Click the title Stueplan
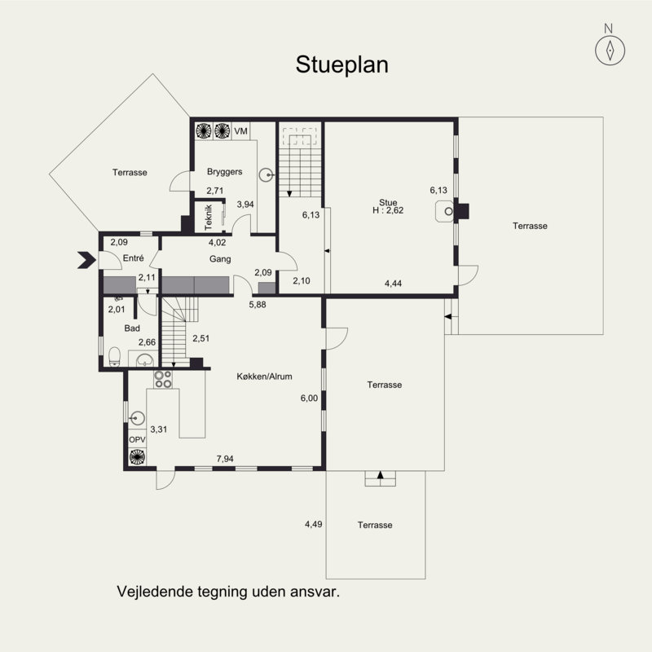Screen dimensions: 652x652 341,65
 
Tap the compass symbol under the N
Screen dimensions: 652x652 610,51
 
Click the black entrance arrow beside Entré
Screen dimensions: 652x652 86,260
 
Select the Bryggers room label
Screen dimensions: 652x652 225,171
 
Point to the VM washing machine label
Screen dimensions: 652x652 240,131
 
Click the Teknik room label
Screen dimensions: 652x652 209,217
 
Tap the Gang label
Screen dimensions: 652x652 220,259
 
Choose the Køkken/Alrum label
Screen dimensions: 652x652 264,377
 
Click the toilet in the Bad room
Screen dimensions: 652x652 114,357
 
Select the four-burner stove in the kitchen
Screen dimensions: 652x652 163,379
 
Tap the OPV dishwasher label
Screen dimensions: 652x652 137,439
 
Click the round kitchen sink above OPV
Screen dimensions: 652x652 137,417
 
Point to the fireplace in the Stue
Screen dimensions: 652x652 444,211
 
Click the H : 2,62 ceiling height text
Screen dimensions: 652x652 388,210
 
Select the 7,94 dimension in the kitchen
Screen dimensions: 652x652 225,459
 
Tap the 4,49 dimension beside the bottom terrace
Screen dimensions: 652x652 314,524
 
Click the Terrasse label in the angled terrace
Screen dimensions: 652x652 130,172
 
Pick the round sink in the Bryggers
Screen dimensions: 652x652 267,175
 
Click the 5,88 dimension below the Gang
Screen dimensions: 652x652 258,304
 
